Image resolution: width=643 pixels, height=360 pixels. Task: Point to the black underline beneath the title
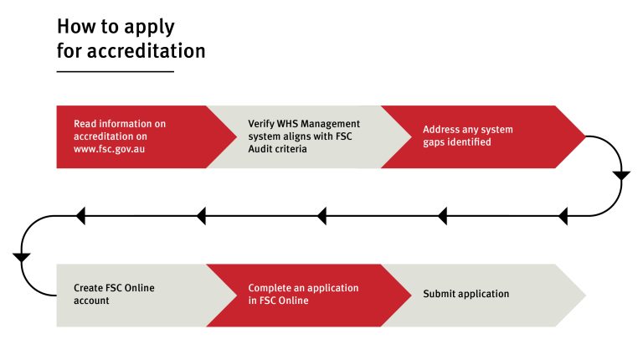[115, 72]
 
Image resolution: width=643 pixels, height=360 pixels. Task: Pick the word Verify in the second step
[260, 124]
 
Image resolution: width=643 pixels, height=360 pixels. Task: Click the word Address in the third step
[440, 130]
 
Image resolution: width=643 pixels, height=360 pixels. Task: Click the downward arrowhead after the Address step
[621, 176]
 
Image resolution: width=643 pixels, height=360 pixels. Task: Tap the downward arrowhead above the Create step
[22, 257]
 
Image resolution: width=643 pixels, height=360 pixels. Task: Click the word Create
[89, 288]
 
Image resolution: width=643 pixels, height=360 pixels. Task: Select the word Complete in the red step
[268, 288]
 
